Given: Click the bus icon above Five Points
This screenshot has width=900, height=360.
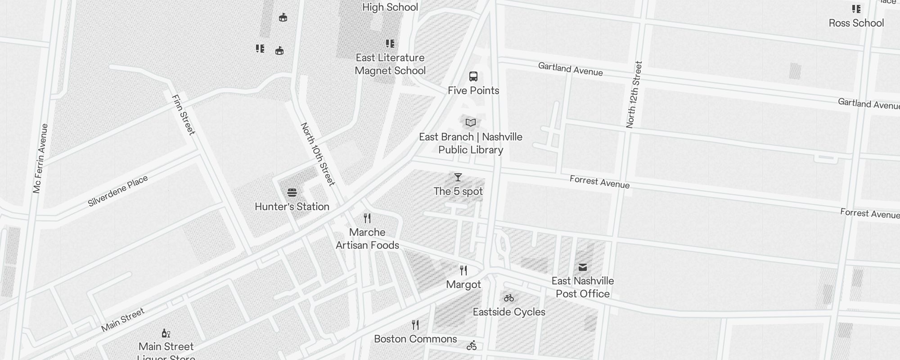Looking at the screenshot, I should [x=473, y=76].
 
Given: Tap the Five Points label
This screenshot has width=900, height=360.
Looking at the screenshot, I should [x=473, y=90].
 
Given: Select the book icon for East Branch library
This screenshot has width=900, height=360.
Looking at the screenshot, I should [x=471, y=122].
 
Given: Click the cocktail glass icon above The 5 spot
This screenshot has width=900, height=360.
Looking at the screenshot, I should [x=458, y=177].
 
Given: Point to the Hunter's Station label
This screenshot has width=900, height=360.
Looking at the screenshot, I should [x=292, y=207].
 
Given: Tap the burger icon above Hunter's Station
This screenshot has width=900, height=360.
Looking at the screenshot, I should [x=292, y=193].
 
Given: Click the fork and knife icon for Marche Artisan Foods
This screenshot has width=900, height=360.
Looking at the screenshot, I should [x=367, y=218].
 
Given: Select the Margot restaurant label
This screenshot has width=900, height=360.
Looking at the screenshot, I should [x=463, y=284].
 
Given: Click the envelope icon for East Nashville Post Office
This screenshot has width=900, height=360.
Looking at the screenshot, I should [x=583, y=267].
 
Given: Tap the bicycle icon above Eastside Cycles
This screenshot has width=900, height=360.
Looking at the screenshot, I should [x=509, y=298].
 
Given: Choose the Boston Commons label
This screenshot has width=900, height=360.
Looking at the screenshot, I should [x=415, y=339].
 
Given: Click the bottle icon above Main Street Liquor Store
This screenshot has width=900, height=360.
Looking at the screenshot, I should [x=166, y=333].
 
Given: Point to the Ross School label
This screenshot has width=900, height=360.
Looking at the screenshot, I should [x=856, y=23].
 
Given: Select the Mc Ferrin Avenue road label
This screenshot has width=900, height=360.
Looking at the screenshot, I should [x=40, y=158].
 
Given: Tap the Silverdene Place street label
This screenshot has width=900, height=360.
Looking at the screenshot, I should [x=118, y=191].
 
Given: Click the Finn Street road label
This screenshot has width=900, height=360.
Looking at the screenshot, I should [x=184, y=115].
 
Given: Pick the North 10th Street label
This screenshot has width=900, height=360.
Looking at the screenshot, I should [x=318, y=154].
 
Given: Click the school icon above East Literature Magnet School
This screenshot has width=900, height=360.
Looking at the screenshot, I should [x=390, y=44].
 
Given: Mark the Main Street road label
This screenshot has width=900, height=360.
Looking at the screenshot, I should [x=123, y=319].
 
